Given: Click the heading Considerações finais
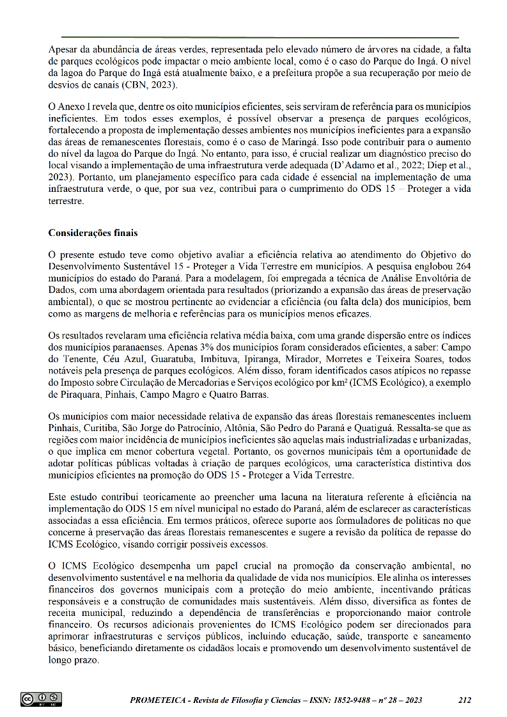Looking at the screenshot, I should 93,233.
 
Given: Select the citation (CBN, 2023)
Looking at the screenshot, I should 148,85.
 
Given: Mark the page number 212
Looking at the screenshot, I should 465,700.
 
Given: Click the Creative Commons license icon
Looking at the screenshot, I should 41,699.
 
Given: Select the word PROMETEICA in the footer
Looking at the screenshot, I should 160,700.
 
